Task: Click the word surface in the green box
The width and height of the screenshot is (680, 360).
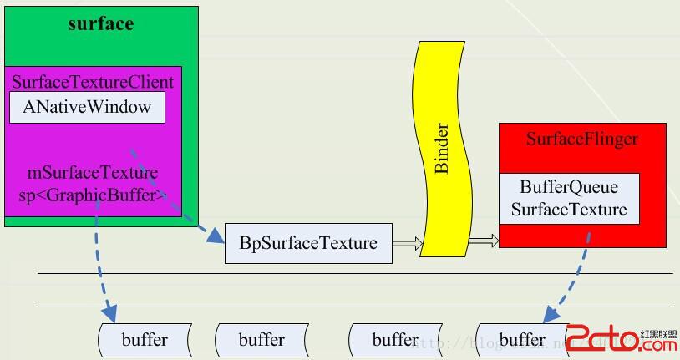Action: coord(100,23)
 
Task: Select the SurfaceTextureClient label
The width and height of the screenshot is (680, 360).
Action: coord(93,82)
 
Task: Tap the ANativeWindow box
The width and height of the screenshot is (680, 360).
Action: coord(87,107)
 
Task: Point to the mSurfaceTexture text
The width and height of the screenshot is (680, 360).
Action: coord(92,174)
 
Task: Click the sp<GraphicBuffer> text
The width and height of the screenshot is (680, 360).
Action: coord(92,195)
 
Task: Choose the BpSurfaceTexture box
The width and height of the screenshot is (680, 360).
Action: coord(308,243)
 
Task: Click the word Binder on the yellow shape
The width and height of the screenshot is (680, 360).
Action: coord(442,150)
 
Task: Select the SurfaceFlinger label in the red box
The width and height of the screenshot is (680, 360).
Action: coord(581,139)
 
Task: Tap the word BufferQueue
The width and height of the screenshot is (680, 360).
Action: coord(569,188)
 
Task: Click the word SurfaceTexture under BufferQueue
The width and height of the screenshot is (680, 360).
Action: coord(569,209)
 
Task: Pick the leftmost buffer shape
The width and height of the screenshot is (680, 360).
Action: coord(145,340)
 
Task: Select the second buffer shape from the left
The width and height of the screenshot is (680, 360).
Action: coord(261,340)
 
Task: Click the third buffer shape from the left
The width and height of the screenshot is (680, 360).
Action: coord(395,340)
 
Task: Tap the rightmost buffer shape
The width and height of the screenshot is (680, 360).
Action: coord(522,340)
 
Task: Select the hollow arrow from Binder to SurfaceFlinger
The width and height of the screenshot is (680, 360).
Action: coord(484,241)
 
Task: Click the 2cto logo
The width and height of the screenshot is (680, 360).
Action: coord(617,338)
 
